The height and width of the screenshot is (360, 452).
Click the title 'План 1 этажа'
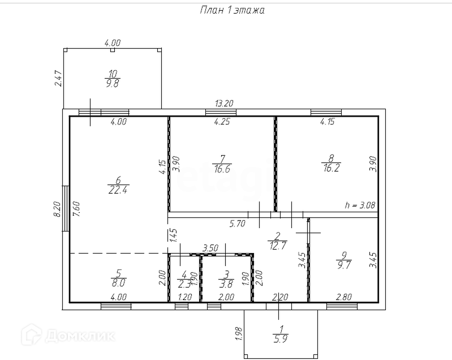(232, 10)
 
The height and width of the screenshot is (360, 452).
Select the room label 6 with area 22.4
(117, 185)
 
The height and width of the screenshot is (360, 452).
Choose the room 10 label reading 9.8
(113, 78)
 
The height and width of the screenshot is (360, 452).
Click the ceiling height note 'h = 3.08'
(360, 205)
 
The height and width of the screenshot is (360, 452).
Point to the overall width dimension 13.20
(225, 104)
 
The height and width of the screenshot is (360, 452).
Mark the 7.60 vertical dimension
(76, 209)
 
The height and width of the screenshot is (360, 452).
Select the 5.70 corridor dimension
(237, 224)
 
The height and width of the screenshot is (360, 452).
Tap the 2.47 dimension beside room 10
(57, 78)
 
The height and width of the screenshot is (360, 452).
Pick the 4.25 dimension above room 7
(222, 121)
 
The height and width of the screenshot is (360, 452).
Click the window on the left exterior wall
(66, 208)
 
